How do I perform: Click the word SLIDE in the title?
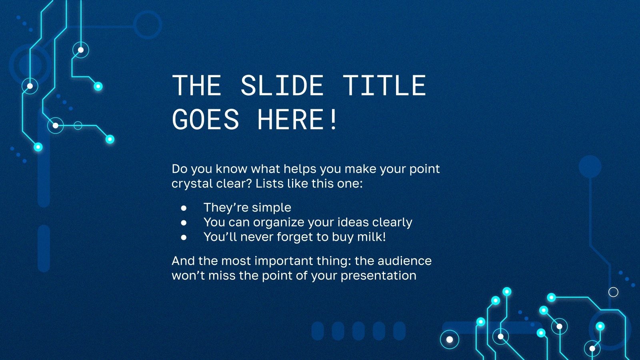[282, 86]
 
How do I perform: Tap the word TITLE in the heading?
[384, 86]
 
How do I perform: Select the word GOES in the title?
[205, 119]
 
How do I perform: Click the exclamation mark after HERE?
[333, 119]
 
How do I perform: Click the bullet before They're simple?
[184, 208]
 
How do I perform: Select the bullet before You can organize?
[184, 222]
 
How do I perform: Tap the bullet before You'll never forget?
[184, 237]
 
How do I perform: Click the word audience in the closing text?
[404, 261]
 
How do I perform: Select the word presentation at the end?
[378, 276]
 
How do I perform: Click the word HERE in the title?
[290, 119]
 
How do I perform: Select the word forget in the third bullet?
[294, 237]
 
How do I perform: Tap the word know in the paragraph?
[232, 169]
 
